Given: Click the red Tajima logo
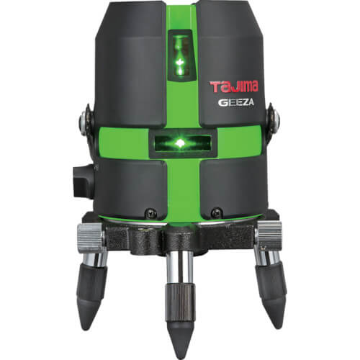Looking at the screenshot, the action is coord(234,86).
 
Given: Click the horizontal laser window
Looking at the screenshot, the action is coord(181,143).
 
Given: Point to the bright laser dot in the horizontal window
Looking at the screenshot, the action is coord(179,143).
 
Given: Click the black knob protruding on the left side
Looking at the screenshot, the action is coord(84,181).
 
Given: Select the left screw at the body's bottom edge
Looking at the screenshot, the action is coord(151,212).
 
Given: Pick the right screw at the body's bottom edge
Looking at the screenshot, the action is coord(215,212).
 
